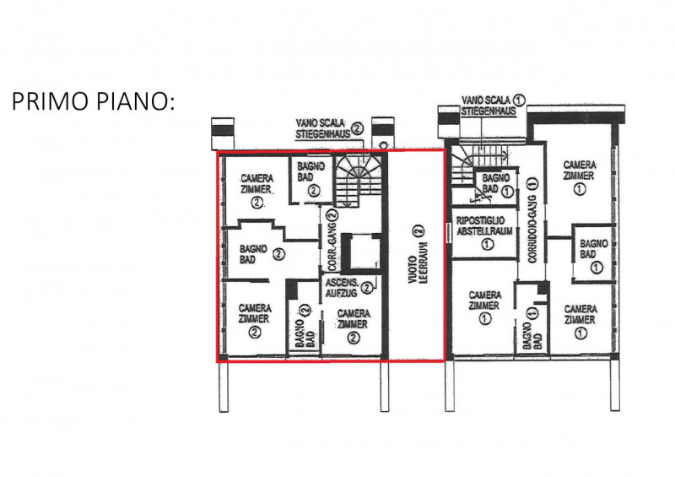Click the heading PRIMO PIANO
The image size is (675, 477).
93,101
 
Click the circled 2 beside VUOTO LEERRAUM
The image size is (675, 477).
418,230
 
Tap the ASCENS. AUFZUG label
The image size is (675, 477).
342,288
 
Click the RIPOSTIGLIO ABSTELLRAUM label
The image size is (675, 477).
484,226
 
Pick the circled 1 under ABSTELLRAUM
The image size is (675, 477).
488,245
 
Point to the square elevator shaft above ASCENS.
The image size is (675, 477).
361,253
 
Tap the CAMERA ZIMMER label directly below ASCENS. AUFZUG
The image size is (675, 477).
353,319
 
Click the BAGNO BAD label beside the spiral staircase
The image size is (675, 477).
310,171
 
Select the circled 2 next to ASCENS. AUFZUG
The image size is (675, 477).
367,287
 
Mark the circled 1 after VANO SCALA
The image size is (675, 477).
520,100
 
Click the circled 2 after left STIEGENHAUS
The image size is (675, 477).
357,128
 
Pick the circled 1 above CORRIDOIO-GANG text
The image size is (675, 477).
533,183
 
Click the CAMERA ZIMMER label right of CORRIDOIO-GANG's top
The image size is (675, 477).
580,171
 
